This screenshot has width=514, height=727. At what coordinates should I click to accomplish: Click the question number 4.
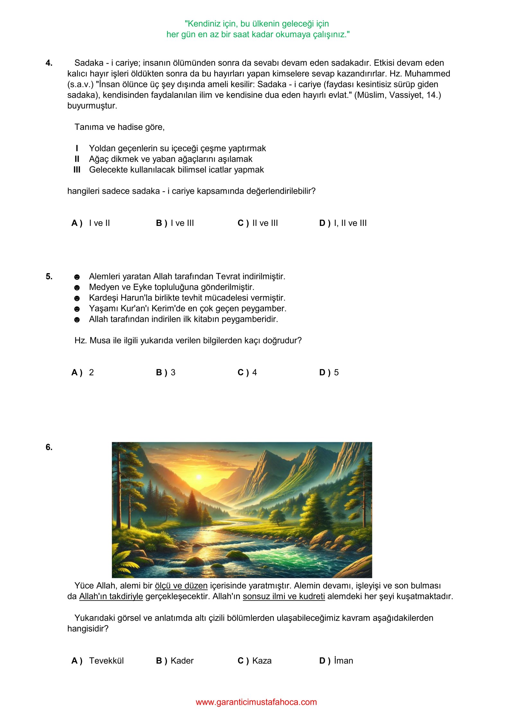(49, 63)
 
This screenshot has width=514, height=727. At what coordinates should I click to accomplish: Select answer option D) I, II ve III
(343, 223)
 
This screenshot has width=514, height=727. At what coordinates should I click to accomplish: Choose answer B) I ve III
(175, 223)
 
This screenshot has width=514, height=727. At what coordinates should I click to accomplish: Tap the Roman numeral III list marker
(77, 170)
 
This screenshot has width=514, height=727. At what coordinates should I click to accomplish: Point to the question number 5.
(49, 276)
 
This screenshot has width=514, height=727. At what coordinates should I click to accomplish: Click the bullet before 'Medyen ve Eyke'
(77, 288)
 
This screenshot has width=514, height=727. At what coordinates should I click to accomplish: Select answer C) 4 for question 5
(247, 372)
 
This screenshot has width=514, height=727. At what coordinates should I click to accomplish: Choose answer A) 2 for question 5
(83, 372)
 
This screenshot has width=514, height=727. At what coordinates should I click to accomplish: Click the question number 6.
(49, 447)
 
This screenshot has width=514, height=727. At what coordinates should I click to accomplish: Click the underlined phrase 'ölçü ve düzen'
(181, 586)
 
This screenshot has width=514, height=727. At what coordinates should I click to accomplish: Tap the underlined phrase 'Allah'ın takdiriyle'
(111, 597)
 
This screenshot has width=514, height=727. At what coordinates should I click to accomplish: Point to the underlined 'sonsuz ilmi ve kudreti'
(284, 597)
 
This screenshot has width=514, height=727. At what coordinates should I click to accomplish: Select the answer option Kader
(175, 661)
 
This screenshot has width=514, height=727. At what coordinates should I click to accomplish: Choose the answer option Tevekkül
(98, 661)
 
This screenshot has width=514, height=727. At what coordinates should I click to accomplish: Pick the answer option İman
(336, 661)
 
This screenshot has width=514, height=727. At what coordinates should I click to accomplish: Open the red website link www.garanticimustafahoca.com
(256, 702)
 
